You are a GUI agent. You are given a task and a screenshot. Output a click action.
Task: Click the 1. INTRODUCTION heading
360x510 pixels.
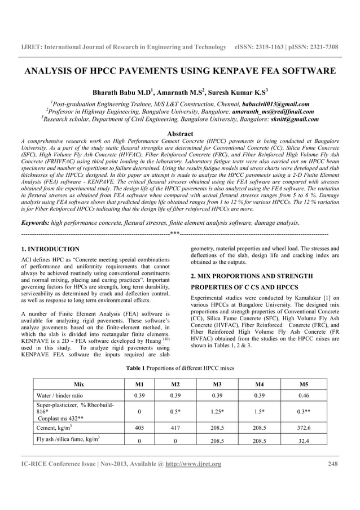pyautogui.click(x=50, y=249)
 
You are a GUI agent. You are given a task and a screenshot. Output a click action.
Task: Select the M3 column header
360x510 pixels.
pyautogui.click(x=217, y=383)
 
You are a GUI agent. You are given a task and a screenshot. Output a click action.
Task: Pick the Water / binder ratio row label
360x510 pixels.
pyautogui.click(x=59, y=395)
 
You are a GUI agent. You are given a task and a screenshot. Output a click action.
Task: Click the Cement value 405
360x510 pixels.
pyautogui.click(x=134, y=427)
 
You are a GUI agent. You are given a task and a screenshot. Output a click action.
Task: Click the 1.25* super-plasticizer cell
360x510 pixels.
pyautogui.click(x=217, y=411)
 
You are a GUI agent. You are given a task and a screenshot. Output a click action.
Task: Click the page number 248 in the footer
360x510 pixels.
pyautogui.click(x=332, y=464)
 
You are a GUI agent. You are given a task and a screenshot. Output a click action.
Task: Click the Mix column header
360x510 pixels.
pyautogui.click(x=78, y=383)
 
